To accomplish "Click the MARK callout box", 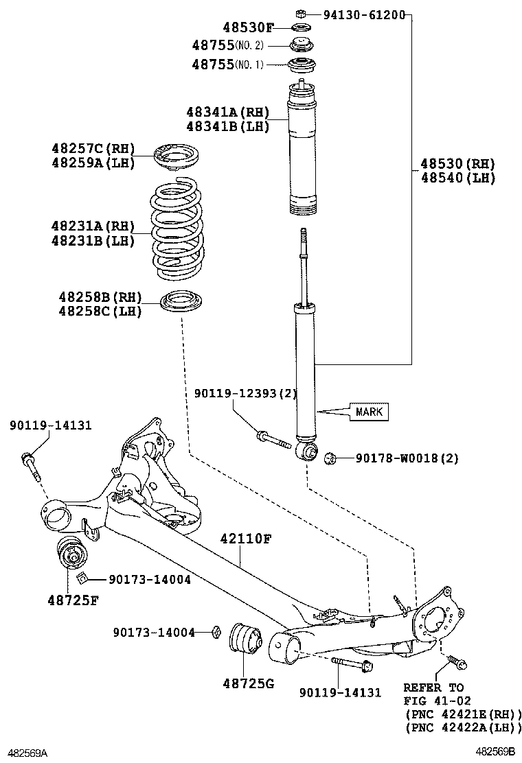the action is (x=369, y=412).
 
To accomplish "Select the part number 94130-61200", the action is (x=364, y=15).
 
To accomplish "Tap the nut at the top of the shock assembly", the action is (x=302, y=12).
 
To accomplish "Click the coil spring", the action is (x=176, y=228).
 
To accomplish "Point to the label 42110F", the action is (x=245, y=539).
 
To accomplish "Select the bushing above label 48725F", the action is (x=71, y=553).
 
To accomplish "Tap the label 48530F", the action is (x=249, y=27).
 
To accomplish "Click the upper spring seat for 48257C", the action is (x=178, y=158).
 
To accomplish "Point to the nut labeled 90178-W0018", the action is (x=331, y=458).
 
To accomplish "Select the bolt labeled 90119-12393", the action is (x=273, y=438).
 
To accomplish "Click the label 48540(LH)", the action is (x=458, y=178).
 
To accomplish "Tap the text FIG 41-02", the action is (x=437, y=701).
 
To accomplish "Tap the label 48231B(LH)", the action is (x=93, y=240).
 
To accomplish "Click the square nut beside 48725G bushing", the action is (x=215, y=632).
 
